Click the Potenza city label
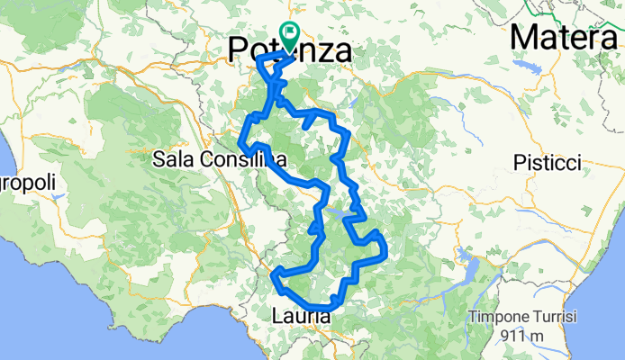click(290, 49)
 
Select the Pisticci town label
click(548, 163)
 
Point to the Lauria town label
click(302, 316)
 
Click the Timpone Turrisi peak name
click(521, 319)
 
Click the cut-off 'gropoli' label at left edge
click(27, 183)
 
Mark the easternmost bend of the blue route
click(385, 247)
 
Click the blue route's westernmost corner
click(240, 144)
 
